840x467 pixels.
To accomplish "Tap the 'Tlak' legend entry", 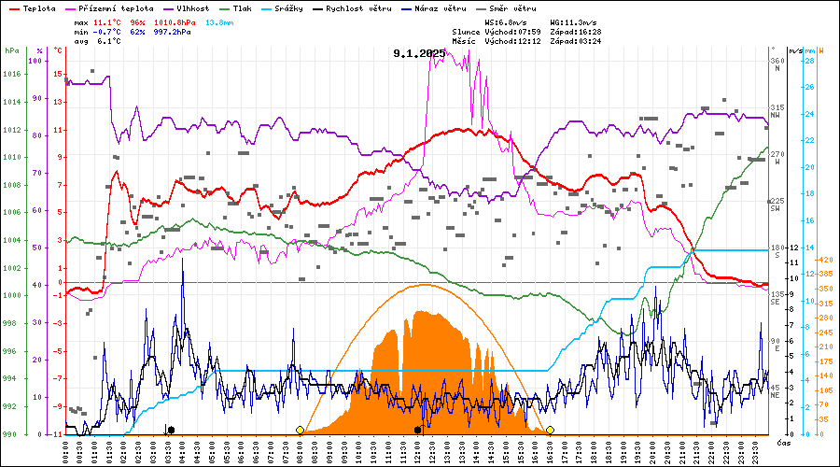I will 242,8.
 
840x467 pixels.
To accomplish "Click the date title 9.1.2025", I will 420,54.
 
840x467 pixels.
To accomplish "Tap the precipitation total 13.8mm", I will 219,20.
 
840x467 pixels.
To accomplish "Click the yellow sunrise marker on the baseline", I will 300,430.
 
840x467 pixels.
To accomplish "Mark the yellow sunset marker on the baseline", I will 551,430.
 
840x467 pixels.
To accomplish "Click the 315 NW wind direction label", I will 777,110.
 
